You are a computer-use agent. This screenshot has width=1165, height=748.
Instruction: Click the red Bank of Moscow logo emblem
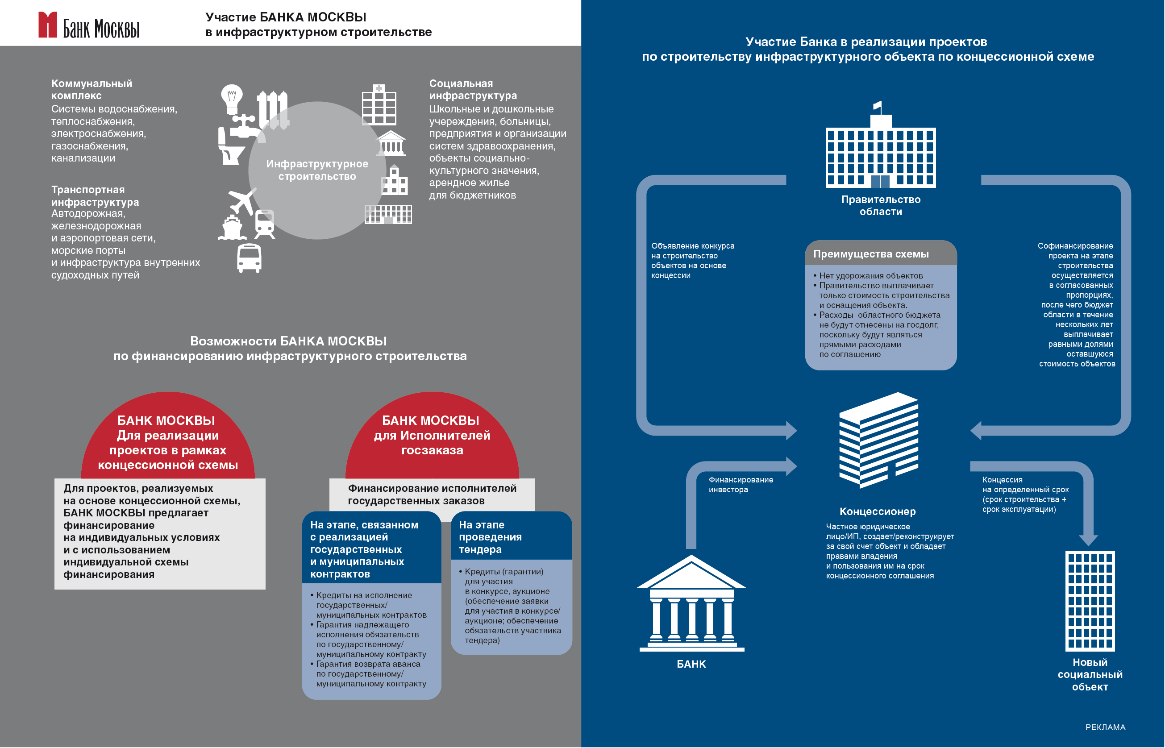[x=48, y=25]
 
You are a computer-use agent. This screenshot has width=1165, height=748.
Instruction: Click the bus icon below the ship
[x=249, y=258]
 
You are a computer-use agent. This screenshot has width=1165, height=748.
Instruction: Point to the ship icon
[x=232, y=227]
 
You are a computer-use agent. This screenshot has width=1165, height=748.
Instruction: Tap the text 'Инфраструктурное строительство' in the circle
[x=317, y=170]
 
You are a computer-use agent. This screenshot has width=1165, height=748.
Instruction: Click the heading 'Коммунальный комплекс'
[x=92, y=89]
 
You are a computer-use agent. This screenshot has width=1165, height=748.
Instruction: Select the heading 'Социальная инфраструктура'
[x=473, y=89]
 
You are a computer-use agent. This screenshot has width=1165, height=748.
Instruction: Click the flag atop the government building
[x=878, y=105]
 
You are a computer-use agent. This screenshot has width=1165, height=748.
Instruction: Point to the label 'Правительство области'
[x=881, y=205]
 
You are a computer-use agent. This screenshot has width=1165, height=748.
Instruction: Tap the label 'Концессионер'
[x=878, y=511]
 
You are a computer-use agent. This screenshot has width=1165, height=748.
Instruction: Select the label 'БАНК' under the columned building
[x=691, y=664]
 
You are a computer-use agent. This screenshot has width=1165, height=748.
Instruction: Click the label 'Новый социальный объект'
[x=1090, y=675]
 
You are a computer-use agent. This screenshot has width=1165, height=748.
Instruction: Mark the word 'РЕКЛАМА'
[x=1105, y=727]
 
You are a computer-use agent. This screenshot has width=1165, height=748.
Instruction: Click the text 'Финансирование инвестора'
[x=741, y=485]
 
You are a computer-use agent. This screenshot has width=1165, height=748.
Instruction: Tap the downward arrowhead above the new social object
[x=1088, y=540]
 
